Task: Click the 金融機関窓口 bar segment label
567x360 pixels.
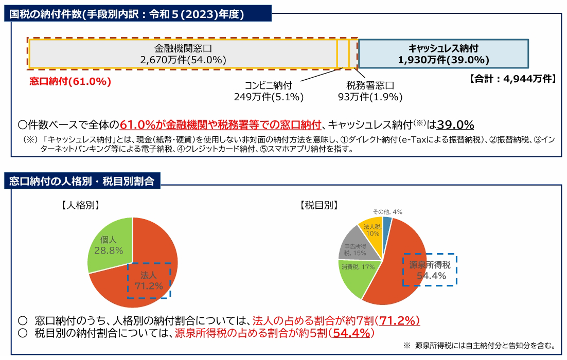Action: click(183, 53)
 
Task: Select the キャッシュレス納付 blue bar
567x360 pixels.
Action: click(443, 53)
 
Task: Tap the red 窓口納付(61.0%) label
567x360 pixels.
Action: click(70, 81)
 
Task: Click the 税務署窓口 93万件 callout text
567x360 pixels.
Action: click(370, 91)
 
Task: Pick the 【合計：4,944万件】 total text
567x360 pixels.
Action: click(512, 79)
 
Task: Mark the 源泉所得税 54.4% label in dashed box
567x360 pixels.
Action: click(430, 270)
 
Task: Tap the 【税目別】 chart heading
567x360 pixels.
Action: click(318, 205)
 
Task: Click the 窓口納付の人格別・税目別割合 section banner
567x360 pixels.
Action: click(83, 181)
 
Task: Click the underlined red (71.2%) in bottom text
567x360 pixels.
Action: click(397, 320)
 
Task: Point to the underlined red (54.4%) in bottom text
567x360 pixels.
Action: click(351, 333)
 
